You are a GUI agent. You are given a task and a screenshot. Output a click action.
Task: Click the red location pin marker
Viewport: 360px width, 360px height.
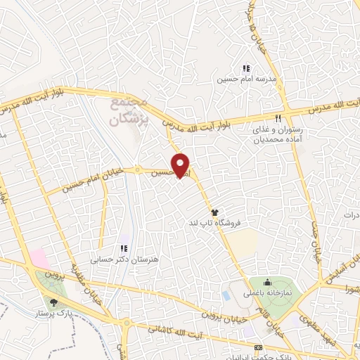coord(181,165)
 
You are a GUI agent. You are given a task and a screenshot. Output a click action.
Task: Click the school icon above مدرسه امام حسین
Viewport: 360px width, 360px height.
coord(246,68)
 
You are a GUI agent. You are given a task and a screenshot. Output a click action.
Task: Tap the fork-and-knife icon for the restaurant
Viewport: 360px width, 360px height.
coord(279,117)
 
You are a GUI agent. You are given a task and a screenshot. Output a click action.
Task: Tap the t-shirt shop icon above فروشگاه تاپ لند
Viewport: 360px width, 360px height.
coord(214,212)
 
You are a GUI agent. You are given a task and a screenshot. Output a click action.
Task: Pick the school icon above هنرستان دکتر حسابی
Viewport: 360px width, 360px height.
coord(124,247)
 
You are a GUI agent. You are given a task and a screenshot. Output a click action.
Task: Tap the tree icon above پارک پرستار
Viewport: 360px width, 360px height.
coord(53,303)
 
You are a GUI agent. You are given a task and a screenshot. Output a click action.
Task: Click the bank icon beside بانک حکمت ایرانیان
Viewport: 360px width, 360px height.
coord(257,348)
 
